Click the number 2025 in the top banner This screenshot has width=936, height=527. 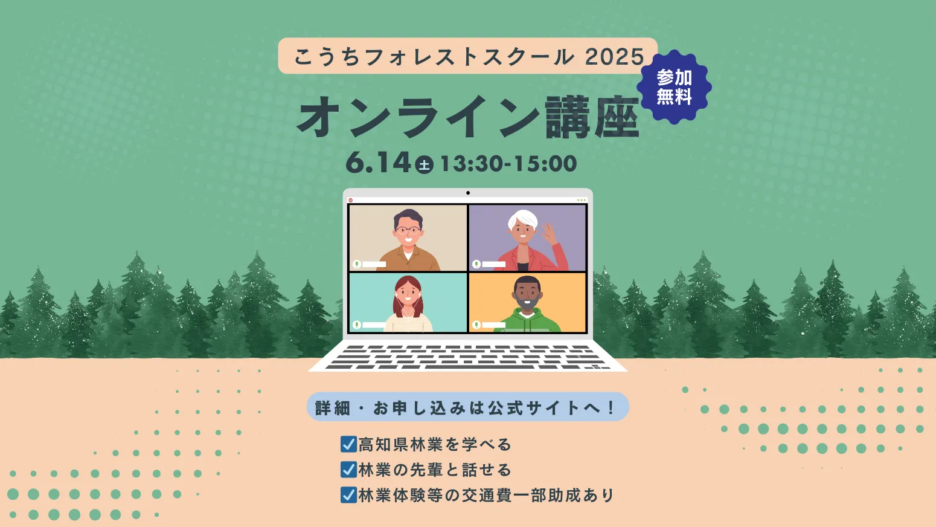pyautogui.click(x=615, y=56)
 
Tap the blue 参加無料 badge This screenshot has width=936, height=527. pyautogui.click(x=674, y=87)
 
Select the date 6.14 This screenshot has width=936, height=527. pyautogui.click(x=378, y=163)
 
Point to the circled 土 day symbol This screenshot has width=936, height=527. pyautogui.click(x=424, y=164)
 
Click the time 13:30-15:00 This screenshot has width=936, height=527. pyautogui.click(x=508, y=164)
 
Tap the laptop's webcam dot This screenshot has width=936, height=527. pyautogui.click(x=468, y=193)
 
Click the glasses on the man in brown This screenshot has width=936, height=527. pyautogui.click(x=408, y=230)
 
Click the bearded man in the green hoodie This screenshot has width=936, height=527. pyautogui.click(x=527, y=304)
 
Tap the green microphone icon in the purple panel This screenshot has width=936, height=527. pyautogui.click(x=476, y=264)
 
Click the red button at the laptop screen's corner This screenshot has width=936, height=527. pyautogui.click(x=351, y=200)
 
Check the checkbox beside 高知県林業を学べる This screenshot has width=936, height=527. pyautogui.click(x=348, y=444)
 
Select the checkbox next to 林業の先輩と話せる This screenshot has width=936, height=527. pyautogui.click(x=348, y=470)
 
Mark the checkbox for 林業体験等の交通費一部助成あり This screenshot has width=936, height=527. pyautogui.click(x=348, y=495)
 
